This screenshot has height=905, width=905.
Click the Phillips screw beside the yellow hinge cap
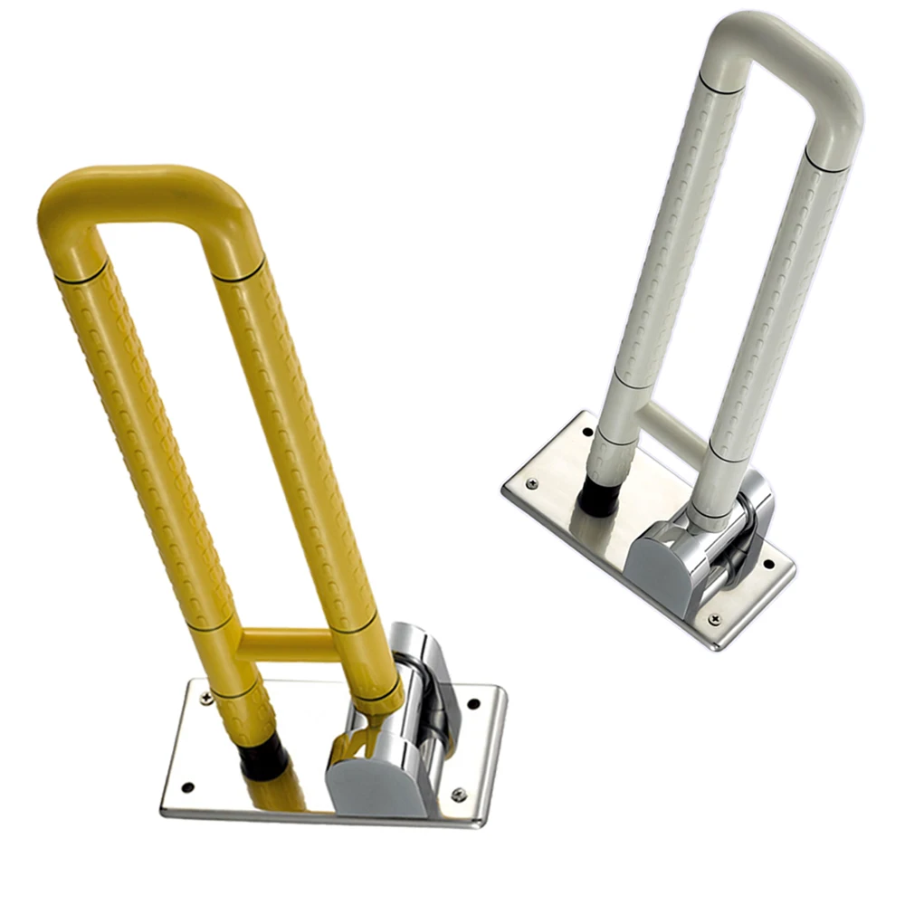pyautogui.click(x=459, y=795)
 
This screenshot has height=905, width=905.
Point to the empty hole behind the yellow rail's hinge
pyautogui.click(x=472, y=703)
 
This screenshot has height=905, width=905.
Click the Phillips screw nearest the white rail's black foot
pyautogui.click(x=531, y=484)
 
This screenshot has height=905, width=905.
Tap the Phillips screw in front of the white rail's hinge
pyautogui.click(x=715, y=619)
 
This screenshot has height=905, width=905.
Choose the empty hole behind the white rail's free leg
pyautogui.click(x=588, y=432)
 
